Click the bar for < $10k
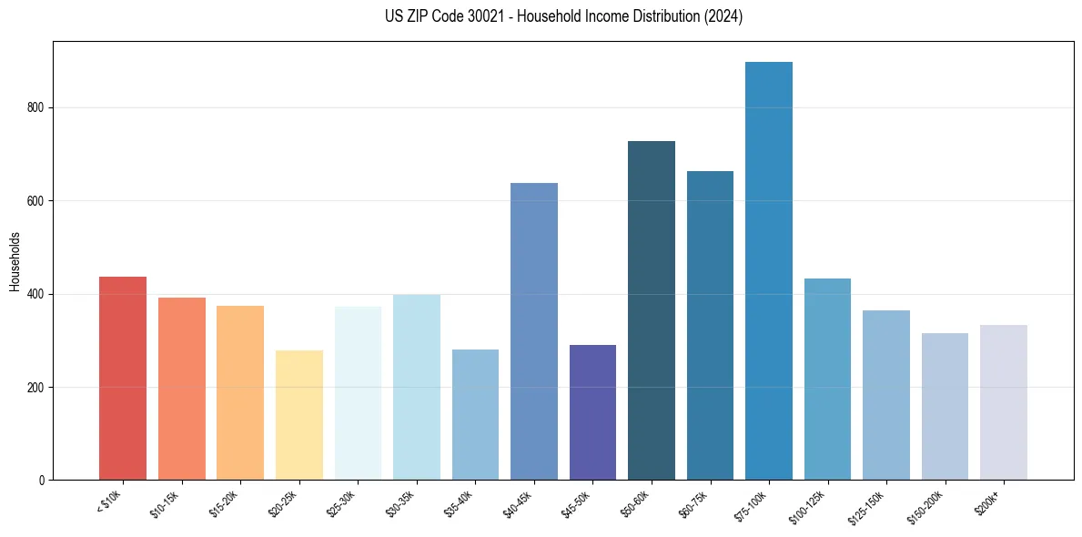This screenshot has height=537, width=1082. pyautogui.click(x=123, y=378)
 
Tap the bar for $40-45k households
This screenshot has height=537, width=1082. pyautogui.click(x=534, y=331)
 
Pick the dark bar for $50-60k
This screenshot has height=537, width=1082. pyautogui.click(x=652, y=310)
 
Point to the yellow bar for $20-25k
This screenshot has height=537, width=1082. pyautogui.click(x=299, y=415)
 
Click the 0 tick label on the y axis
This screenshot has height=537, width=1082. pyautogui.click(x=43, y=481)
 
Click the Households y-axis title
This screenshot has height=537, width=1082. pyautogui.click(x=15, y=260)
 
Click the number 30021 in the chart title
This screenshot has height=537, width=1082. pyautogui.click(x=494, y=16)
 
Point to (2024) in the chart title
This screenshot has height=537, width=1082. pyautogui.click(x=723, y=16)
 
